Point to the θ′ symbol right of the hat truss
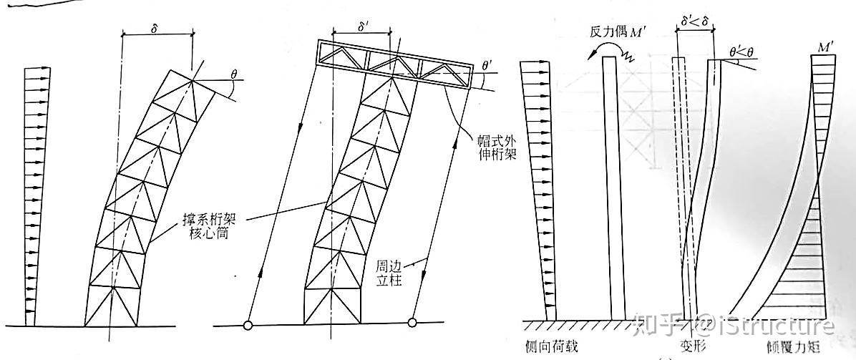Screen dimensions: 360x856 (489, 67)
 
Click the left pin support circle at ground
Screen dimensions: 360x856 (248, 326)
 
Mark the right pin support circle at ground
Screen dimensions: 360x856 (412, 323)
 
